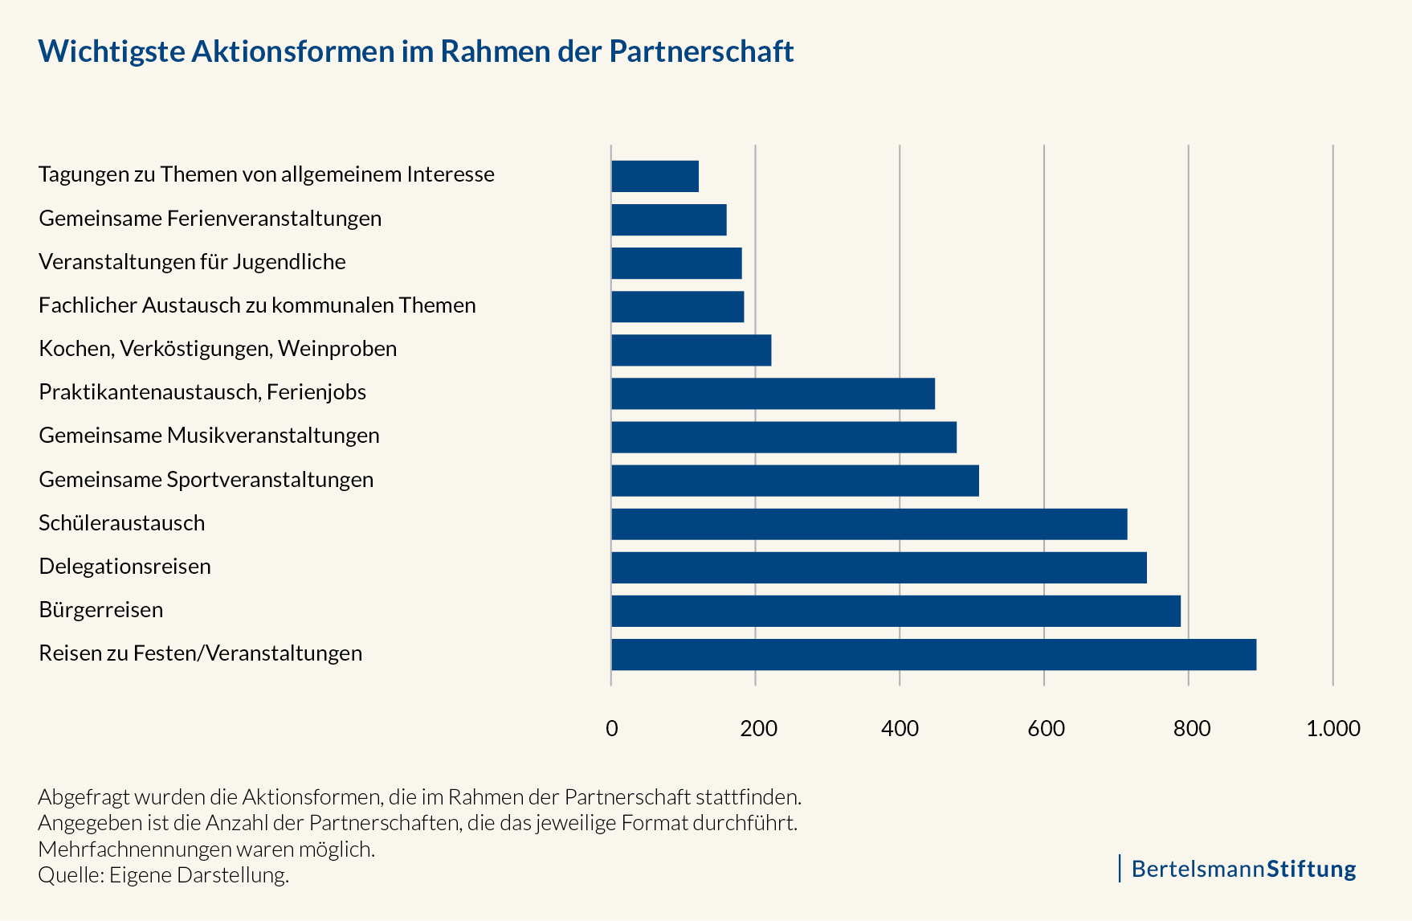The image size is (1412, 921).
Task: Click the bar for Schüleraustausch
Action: tap(869, 524)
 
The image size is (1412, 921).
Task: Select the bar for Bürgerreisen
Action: tap(896, 611)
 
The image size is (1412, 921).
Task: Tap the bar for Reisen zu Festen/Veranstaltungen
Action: tap(933, 654)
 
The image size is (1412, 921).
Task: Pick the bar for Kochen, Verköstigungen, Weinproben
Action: tap(691, 350)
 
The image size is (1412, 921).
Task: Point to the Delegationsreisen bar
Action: tap(879, 567)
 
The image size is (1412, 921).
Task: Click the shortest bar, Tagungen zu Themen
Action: tap(655, 176)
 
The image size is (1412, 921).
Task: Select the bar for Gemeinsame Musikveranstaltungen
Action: tap(784, 437)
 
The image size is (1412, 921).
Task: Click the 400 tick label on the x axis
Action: tap(900, 729)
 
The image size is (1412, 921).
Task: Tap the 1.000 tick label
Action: tap(1332, 729)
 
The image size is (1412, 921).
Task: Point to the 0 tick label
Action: tap(612, 729)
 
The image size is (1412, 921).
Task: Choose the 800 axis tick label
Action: tap(1191, 729)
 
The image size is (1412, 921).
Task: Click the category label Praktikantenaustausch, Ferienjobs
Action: tap(202, 392)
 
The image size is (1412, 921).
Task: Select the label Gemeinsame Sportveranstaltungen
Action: tap(206, 480)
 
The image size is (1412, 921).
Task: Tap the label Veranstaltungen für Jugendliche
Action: tap(192, 262)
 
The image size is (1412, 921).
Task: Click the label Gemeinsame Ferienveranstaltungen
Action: tap(210, 219)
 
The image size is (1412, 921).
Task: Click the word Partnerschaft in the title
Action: tap(701, 51)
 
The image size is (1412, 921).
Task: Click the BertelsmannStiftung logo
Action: tap(1243, 869)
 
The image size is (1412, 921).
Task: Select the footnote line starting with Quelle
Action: tap(163, 875)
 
